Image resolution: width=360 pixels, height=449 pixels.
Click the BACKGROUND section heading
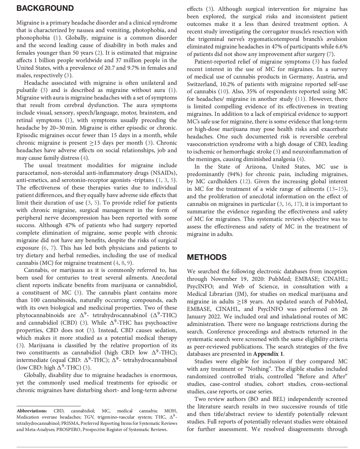[45, 8]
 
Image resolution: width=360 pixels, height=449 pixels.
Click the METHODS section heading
[207, 257]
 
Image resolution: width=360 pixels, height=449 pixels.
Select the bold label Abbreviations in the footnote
[32, 411]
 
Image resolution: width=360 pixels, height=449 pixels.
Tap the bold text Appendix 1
[268, 354]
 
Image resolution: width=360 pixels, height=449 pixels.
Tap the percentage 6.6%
[341, 46]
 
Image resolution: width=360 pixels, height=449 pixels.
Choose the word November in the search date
[224, 279]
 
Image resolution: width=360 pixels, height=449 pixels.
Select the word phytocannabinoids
[40, 315]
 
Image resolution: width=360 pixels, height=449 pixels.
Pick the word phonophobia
[33, 38]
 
